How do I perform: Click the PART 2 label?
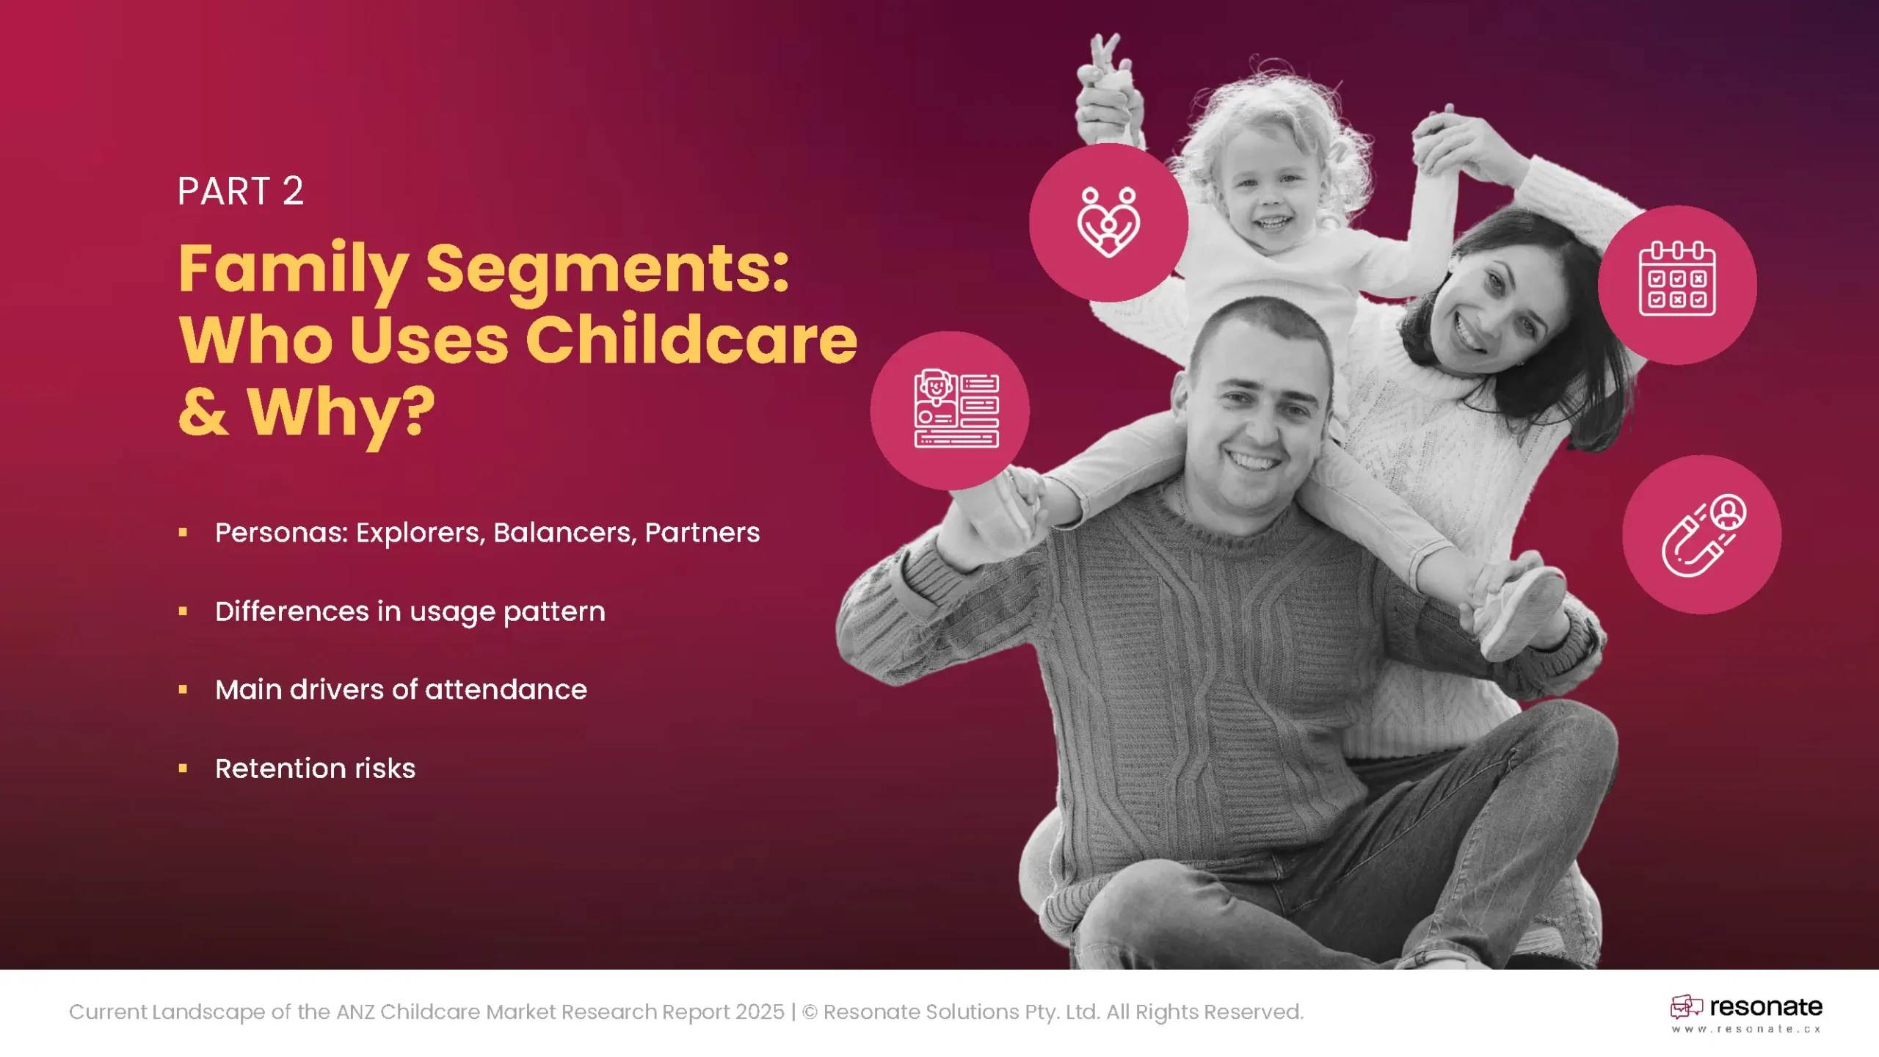tap(240, 192)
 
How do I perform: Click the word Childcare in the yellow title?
tap(691, 339)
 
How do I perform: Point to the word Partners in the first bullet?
tap(702, 533)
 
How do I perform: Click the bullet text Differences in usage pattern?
tap(410, 612)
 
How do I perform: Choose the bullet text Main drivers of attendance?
tap(401, 690)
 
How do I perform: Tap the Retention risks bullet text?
tap(315, 769)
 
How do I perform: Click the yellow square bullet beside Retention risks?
tap(183, 769)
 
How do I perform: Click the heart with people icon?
tap(1108, 222)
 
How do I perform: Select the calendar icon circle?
tap(1677, 285)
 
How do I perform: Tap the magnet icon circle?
tap(1701, 534)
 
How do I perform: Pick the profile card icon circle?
tap(950, 410)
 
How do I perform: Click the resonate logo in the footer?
tap(1746, 1007)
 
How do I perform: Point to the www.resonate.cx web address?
tap(1746, 1029)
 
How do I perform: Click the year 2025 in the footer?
tap(760, 1012)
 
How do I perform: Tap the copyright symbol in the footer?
tap(810, 1012)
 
